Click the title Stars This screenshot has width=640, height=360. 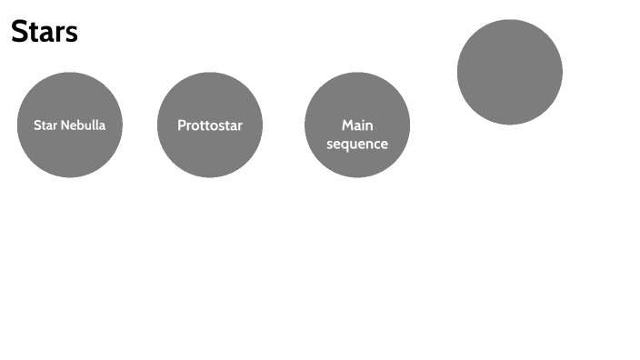(x=45, y=32)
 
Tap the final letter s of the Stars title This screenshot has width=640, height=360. (x=72, y=35)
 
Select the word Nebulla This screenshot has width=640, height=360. (x=84, y=125)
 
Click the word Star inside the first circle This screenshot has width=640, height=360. (x=45, y=125)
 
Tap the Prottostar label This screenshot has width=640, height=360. (x=210, y=125)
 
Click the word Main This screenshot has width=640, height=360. (x=357, y=125)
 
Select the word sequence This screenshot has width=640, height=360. (x=357, y=144)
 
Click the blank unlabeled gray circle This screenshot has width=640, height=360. (x=510, y=72)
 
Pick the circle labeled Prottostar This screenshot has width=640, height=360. (x=210, y=150)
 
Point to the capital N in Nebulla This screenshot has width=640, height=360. (x=65, y=125)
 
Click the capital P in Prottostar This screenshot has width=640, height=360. (x=182, y=125)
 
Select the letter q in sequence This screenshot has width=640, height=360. (x=349, y=145)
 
